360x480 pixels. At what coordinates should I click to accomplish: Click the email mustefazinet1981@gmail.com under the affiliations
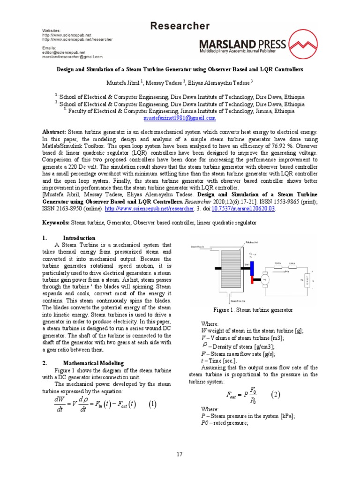pyautogui.click(x=180, y=118)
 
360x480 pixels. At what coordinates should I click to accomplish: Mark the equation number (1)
pyautogui.click(x=152, y=404)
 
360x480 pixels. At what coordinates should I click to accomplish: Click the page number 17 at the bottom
pyautogui.click(x=180, y=454)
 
